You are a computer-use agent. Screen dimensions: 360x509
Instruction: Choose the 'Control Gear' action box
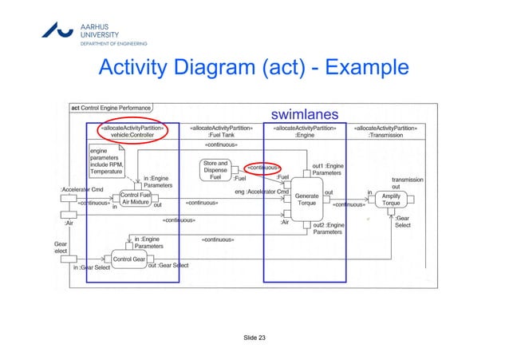pos(128,259)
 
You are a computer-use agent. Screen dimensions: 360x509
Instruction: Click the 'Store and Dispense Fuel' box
pos(215,170)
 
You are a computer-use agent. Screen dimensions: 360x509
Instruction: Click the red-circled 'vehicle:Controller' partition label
pos(132,131)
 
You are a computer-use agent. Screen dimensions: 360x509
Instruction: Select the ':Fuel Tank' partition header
pos(221,131)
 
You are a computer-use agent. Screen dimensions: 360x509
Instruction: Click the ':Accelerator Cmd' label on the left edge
pos(82,189)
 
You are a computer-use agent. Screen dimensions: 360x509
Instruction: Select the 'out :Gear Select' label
pos(168,265)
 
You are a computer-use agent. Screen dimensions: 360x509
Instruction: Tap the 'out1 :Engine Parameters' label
pos(328,169)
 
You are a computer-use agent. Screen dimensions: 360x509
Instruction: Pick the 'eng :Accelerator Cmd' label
pos(262,192)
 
